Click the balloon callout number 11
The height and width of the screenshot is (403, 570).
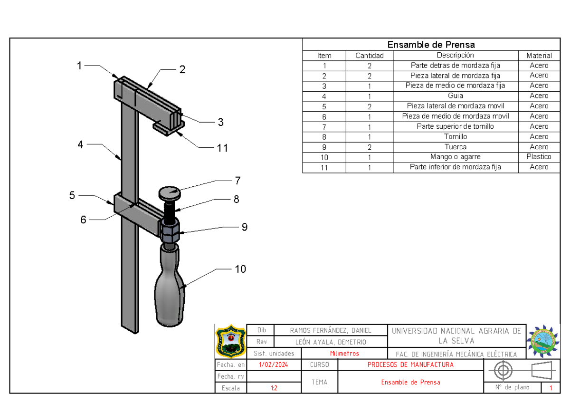[222, 148]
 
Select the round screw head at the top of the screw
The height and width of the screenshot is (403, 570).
[169, 193]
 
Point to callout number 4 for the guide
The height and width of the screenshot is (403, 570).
[81, 144]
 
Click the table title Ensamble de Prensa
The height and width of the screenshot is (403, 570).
[431, 45]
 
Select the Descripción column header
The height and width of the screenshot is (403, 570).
[456, 55]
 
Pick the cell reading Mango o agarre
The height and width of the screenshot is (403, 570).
[456, 157]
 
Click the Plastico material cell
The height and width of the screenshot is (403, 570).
[539, 157]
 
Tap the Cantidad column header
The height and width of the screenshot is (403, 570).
[369, 56]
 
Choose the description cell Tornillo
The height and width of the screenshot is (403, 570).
[456, 136]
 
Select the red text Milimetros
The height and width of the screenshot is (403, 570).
[344, 354]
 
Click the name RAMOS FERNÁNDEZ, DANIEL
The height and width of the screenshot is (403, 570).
[331, 330]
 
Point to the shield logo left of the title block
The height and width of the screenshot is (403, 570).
[231, 340]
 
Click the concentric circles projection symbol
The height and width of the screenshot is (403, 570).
[504, 370]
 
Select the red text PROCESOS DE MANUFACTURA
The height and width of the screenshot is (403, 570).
[410, 365]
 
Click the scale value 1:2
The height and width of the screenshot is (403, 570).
[274, 388]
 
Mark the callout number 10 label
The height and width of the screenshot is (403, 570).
[240, 269]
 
